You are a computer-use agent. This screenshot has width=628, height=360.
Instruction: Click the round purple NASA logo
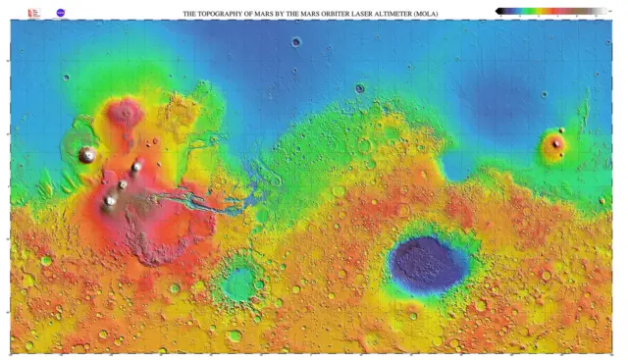point(61,14)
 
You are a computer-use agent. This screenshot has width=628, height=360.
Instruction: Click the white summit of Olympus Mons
point(88,154)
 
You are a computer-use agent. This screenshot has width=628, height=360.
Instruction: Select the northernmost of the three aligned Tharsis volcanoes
point(136,167)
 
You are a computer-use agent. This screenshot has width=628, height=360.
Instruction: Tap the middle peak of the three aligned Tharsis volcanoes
point(124,183)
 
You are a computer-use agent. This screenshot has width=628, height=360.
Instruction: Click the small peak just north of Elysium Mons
point(562,130)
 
